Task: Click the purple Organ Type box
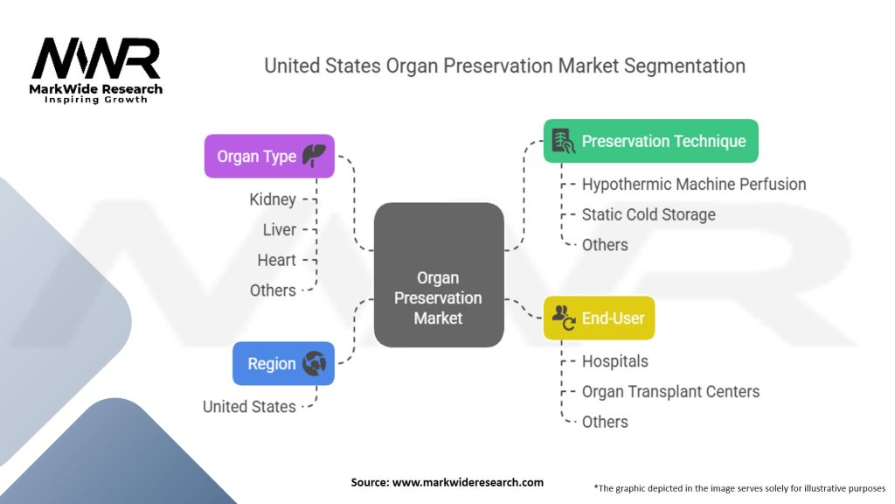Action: pyautogui.click(x=269, y=156)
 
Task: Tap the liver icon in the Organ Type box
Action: pyautogui.click(x=313, y=156)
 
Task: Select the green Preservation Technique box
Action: pyautogui.click(x=650, y=141)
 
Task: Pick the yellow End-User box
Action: pyautogui.click(x=599, y=318)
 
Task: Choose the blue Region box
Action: pyautogui.click(x=283, y=363)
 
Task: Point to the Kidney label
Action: pyautogui.click(x=272, y=199)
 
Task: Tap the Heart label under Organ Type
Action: pyautogui.click(x=276, y=260)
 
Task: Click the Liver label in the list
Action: pyautogui.click(x=279, y=229)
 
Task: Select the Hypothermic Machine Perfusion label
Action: pyautogui.click(x=693, y=184)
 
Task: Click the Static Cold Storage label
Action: pyautogui.click(x=648, y=214)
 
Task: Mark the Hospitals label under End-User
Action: pyautogui.click(x=614, y=360)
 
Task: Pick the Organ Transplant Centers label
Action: pyautogui.click(x=670, y=391)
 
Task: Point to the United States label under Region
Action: pyautogui.click(x=249, y=406)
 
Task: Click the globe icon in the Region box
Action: pyautogui.click(x=314, y=364)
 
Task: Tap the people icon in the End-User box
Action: pyautogui.click(x=564, y=318)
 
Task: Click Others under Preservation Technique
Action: pyautogui.click(x=605, y=245)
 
